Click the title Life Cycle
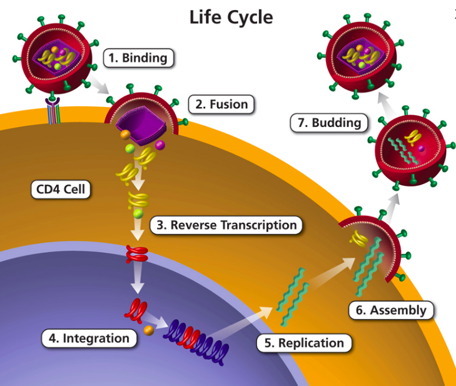click(231, 17)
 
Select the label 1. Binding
click(138, 58)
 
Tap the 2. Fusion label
click(221, 104)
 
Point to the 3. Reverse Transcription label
click(226, 225)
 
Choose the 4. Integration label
click(89, 338)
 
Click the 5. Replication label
click(302, 342)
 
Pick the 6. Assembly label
click(390, 310)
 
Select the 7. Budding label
click(328, 122)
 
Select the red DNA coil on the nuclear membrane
click(137, 253)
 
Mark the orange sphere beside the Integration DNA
click(149, 330)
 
